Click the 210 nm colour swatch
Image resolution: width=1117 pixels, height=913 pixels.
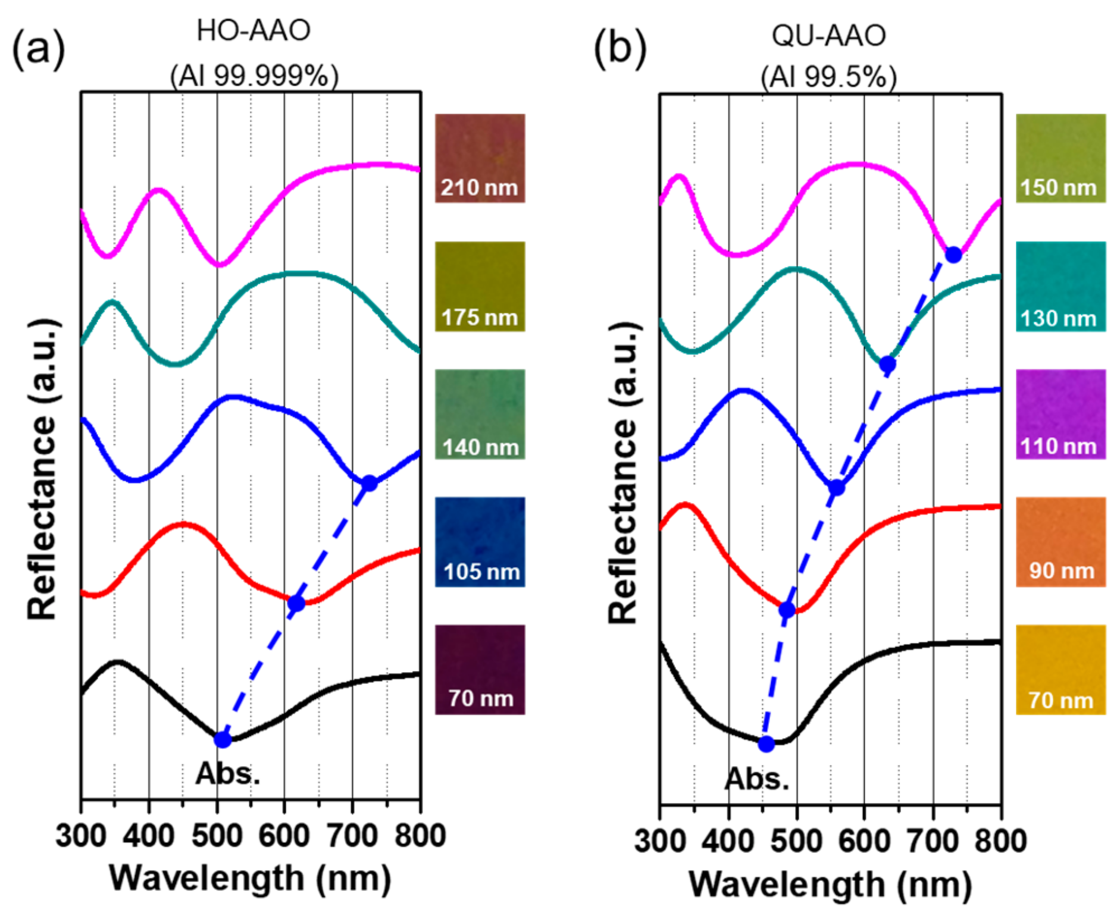480,158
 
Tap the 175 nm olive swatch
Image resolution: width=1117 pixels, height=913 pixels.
480,286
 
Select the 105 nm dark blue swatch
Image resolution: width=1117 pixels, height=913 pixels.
480,542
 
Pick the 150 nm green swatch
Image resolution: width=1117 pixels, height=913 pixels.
1060,158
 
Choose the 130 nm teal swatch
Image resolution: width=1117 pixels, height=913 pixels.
1060,286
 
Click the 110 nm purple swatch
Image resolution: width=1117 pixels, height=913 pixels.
1060,414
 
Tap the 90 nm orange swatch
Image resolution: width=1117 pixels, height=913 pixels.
1060,542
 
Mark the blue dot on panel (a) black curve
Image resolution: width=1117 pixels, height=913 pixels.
223,739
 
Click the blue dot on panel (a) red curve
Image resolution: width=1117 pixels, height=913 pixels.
296,604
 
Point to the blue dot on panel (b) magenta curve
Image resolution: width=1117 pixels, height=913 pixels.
953,255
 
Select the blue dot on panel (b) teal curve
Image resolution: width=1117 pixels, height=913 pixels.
887,364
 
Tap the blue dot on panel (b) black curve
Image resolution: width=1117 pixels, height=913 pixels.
766,743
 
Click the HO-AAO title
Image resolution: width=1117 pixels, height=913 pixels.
254,31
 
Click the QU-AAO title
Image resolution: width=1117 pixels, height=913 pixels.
829,36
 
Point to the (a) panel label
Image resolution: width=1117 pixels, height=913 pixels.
39,48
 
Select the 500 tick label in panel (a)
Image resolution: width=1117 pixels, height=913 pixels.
217,835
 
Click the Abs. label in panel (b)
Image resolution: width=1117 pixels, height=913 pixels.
757,779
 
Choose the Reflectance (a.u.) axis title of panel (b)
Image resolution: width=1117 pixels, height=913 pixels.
622,473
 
